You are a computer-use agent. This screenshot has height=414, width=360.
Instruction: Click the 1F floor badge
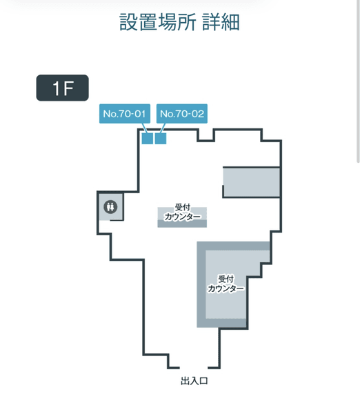click(62, 88)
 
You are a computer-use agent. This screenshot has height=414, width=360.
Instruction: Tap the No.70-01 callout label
click(125, 114)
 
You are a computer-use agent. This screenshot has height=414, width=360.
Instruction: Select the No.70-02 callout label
click(182, 114)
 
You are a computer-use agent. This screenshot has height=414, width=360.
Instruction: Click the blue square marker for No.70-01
click(148, 139)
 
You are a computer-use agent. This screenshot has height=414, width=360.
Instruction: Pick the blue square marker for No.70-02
click(161, 139)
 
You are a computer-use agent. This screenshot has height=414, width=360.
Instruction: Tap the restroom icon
click(110, 206)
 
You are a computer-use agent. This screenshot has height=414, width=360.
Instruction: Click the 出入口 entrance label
click(194, 381)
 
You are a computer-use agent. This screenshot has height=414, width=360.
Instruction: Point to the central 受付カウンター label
click(182, 212)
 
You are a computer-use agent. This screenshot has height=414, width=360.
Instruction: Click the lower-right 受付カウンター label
click(226, 284)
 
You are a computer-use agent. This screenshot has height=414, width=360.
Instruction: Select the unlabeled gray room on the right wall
click(251, 182)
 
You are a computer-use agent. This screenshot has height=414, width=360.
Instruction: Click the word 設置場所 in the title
click(157, 22)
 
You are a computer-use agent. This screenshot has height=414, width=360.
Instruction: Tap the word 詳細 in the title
click(221, 22)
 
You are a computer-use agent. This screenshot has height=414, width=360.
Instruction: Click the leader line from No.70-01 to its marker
click(144, 128)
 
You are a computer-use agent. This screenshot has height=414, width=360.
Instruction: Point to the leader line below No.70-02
click(163, 128)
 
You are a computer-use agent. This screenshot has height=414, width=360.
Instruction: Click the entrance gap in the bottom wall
click(194, 368)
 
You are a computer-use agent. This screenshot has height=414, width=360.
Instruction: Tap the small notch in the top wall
click(206, 135)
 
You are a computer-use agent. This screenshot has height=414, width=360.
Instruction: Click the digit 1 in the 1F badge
click(56, 88)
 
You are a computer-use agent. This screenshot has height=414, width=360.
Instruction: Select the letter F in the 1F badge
click(68, 88)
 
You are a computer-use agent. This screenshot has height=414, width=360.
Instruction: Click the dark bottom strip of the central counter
click(182, 224)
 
